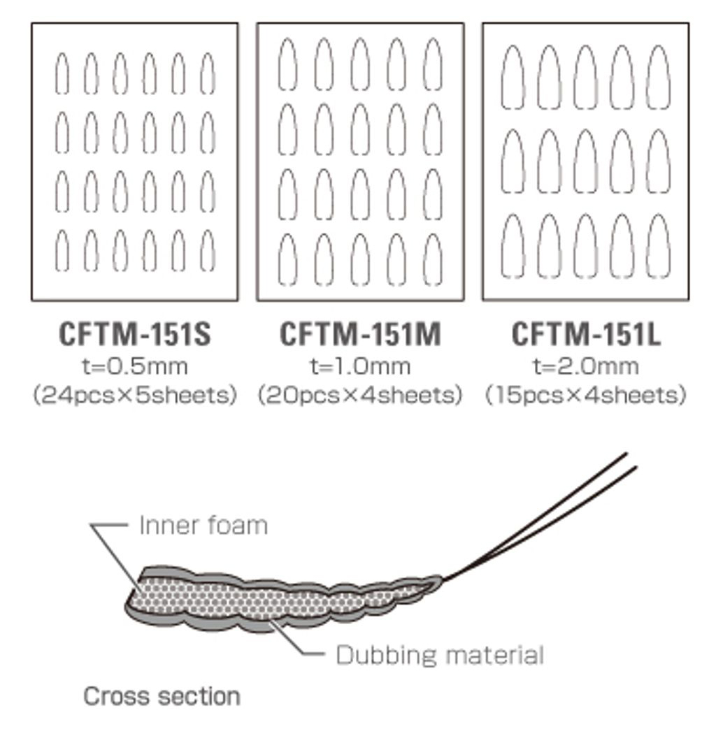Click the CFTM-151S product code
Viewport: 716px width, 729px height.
pyautogui.click(x=135, y=334)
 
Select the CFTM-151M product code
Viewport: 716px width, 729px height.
pyautogui.click(x=360, y=334)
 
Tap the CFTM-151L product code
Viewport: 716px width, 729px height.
pyautogui.click(x=586, y=334)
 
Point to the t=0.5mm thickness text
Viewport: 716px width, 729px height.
pyautogui.click(x=135, y=366)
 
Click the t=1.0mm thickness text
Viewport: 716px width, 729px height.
pyautogui.click(x=360, y=366)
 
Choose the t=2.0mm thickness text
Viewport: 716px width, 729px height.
pyautogui.click(x=586, y=366)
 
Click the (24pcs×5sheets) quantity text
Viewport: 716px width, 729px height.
pyautogui.click(x=135, y=396)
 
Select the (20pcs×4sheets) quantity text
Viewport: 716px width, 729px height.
pyautogui.click(x=360, y=396)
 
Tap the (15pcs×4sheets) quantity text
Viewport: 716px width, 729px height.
pyautogui.click(x=586, y=396)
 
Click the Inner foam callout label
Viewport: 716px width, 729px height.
pyautogui.click(x=203, y=526)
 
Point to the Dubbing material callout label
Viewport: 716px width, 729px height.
pyautogui.click(x=440, y=655)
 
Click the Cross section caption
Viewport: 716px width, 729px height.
pyautogui.click(x=162, y=696)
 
